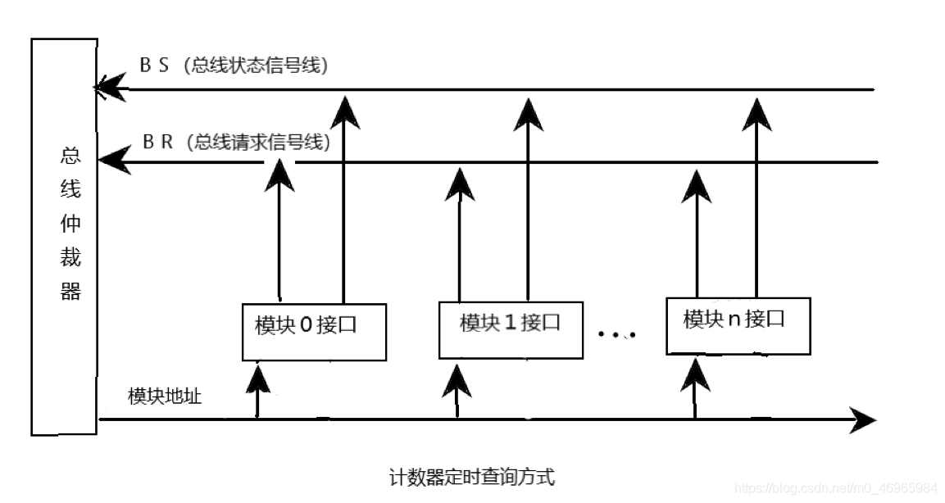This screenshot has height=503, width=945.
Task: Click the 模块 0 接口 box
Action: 314,331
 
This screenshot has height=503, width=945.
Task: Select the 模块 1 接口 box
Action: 511,329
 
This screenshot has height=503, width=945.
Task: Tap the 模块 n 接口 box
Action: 738,325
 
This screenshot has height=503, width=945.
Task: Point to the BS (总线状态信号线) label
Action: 234,66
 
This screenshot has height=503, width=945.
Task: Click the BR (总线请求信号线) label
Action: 236,142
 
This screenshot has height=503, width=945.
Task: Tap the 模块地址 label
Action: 165,396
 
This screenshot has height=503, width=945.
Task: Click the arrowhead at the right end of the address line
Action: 862,420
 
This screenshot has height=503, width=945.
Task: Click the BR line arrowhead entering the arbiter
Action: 114,160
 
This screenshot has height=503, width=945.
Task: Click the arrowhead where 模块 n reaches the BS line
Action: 756,113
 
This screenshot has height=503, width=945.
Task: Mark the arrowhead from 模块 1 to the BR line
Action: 459,184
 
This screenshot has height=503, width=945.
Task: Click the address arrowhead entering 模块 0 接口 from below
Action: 259,378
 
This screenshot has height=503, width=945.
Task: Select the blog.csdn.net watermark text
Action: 836,488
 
